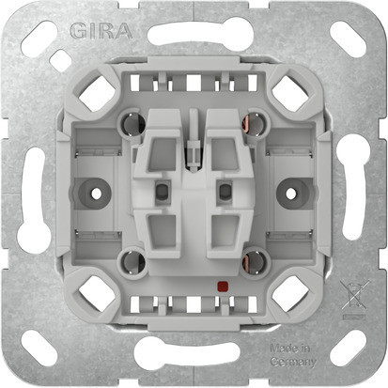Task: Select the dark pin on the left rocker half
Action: [161, 192]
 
